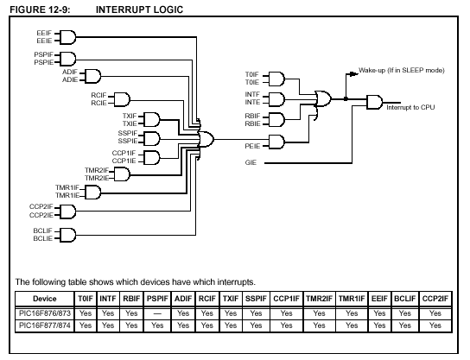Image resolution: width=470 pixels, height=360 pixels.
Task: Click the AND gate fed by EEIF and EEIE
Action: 67,37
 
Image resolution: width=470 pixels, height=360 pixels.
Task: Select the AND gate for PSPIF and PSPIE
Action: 67,59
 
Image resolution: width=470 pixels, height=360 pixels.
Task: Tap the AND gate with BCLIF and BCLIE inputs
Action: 67,235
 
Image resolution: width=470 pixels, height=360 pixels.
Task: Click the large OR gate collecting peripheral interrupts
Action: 206,139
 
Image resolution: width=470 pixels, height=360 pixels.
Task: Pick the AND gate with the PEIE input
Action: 276,142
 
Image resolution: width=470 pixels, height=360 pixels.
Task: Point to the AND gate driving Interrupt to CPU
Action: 375,103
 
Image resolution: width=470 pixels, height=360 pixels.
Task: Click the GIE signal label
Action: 251,162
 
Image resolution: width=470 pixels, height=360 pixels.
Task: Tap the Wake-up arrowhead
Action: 354,73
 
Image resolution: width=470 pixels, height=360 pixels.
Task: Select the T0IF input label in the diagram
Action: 251,74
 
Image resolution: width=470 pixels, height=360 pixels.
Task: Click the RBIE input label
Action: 252,123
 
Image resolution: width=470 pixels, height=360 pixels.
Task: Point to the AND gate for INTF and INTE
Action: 276,99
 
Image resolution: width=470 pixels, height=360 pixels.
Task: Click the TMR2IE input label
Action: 97,178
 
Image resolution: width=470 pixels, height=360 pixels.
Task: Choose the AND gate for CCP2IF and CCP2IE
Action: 67,212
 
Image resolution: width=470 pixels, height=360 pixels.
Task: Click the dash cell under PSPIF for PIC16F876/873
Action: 157,313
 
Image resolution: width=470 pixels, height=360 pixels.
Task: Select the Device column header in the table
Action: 45,299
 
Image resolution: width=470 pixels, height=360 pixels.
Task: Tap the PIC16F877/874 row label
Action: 45,325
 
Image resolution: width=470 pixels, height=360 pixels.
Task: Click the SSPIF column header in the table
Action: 256,299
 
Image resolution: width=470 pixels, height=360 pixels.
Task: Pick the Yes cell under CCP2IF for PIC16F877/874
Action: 435,325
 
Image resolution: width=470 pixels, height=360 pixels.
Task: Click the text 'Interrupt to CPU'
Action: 410,108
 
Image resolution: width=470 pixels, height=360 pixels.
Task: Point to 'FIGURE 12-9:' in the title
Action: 40,9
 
